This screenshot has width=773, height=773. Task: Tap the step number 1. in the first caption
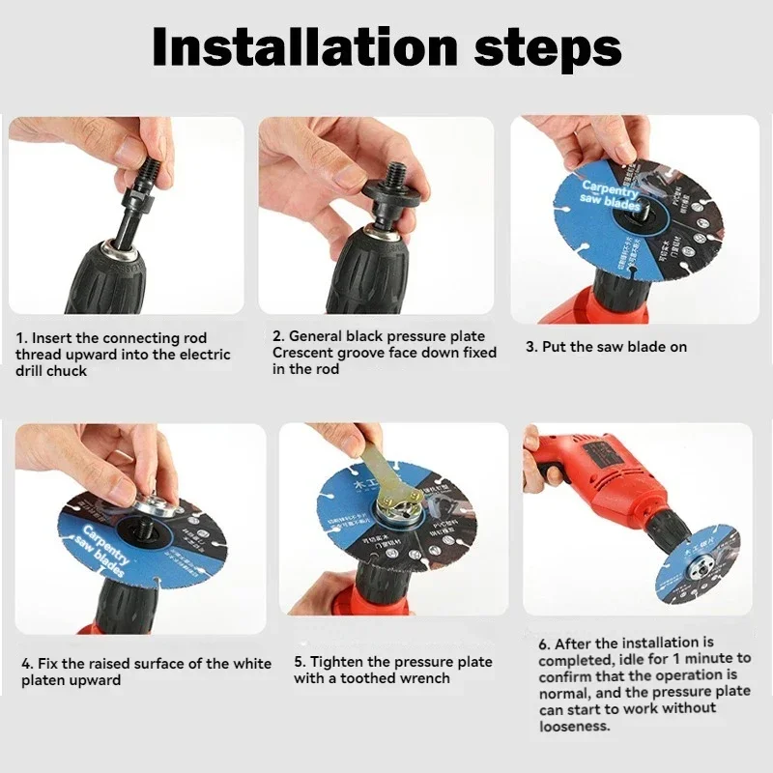coord(21,339)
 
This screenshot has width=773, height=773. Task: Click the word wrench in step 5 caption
coord(426,678)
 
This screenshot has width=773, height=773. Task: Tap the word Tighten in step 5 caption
coord(338,662)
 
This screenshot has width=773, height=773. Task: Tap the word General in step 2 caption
coord(316,336)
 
